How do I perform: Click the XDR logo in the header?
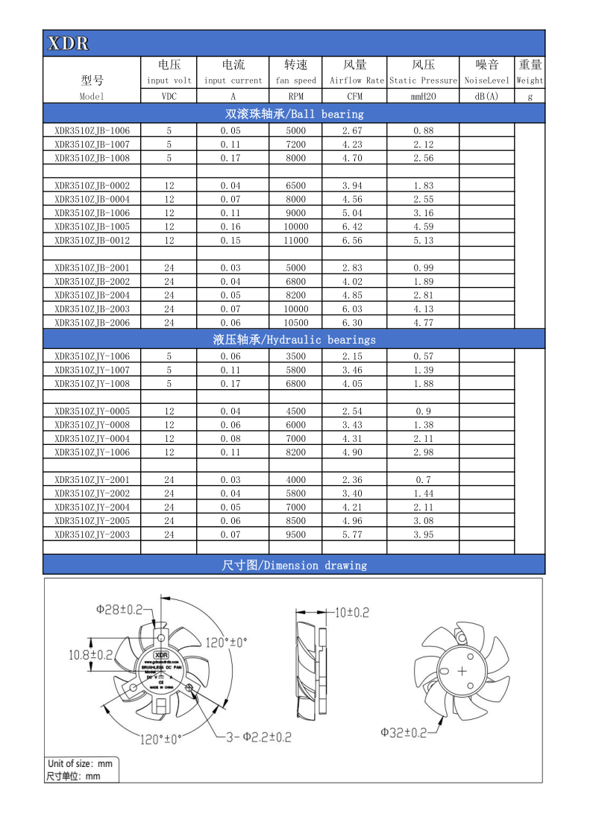(x=68, y=44)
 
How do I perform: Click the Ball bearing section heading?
(x=294, y=114)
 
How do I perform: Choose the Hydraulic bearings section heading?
(x=294, y=339)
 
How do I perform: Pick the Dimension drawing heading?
(x=294, y=565)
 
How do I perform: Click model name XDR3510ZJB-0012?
(x=92, y=240)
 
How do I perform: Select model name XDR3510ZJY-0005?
(x=92, y=411)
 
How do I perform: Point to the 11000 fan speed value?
(x=296, y=240)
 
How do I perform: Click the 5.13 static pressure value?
(x=423, y=240)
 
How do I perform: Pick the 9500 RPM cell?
(x=296, y=534)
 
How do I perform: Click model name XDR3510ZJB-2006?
(x=92, y=323)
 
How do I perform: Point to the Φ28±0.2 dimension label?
(x=119, y=609)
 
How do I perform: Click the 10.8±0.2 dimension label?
(x=90, y=654)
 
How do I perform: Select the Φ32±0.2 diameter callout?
(x=404, y=733)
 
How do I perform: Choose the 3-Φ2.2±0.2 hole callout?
(x=259, y=737)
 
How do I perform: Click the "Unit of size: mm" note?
(x=81, y=763)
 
